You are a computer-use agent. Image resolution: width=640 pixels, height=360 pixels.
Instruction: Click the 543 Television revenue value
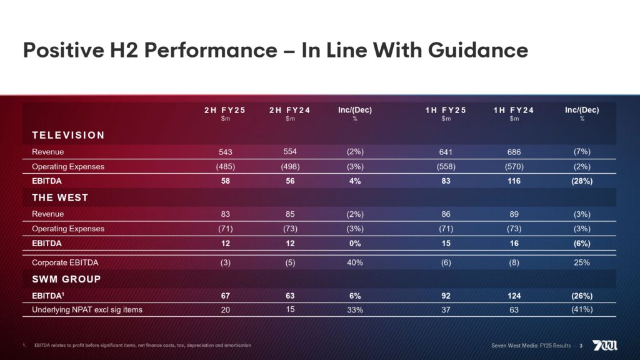225,152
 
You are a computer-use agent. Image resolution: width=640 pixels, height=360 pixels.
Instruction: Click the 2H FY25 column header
225,110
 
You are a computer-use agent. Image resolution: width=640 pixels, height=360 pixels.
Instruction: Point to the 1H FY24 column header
514,110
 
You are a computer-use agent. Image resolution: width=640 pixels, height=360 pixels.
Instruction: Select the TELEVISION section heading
68,135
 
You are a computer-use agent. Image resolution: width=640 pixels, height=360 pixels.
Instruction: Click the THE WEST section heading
60,197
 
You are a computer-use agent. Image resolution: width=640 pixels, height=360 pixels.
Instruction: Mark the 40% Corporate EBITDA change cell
355,262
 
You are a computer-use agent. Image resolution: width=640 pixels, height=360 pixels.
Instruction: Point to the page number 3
581,346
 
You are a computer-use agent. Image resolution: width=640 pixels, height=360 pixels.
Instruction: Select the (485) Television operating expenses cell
225,167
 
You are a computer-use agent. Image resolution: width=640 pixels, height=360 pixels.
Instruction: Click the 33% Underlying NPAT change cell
355,309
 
